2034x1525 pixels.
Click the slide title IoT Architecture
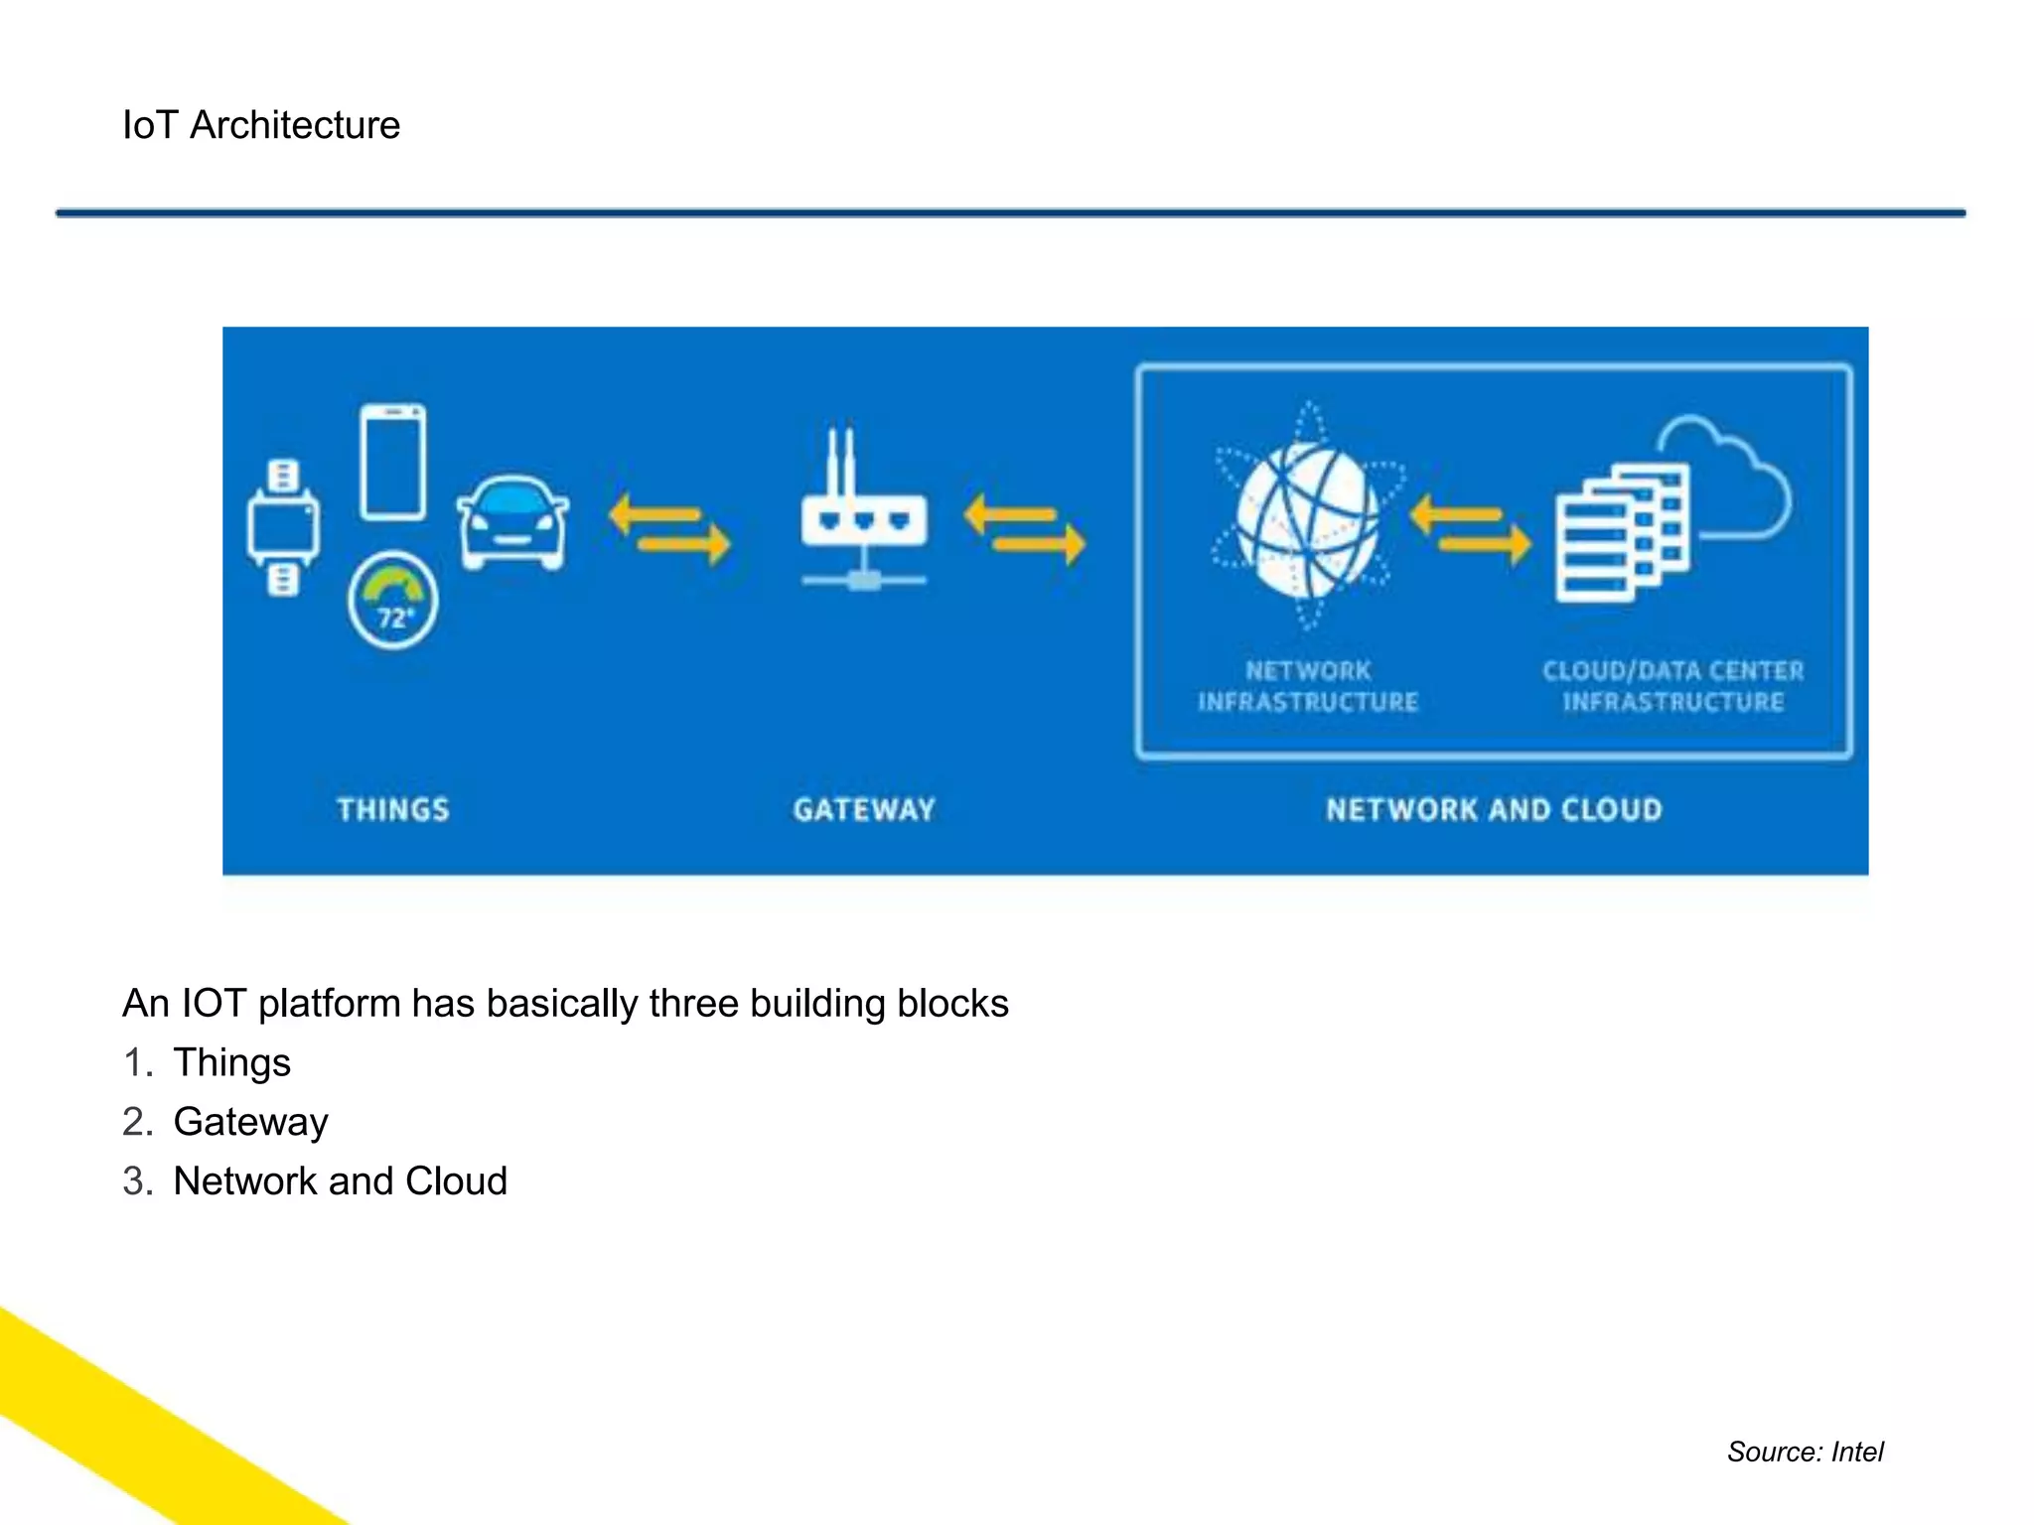point(261,125)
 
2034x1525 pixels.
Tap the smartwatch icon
point(283,527)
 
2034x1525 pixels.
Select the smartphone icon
point(393,462)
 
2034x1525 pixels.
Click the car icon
point(512,523)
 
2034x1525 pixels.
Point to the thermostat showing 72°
point(393,601)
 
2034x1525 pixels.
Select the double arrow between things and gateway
point(669,529)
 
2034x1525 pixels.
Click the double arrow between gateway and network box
point(1024,529)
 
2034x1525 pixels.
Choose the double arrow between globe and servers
point(1470,529)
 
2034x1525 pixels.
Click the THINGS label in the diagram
point(393,810)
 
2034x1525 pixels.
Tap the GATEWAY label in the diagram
point(864,810)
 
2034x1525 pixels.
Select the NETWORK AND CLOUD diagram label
point(1494,810)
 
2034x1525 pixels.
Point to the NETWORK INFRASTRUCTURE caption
point(1308,686)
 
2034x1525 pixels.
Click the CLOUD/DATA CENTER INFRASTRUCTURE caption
point(1673,686)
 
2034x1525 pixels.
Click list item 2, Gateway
point(250,1122)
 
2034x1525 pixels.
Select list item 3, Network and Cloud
point(340,1181)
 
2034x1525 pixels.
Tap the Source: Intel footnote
point(1805,1452)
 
